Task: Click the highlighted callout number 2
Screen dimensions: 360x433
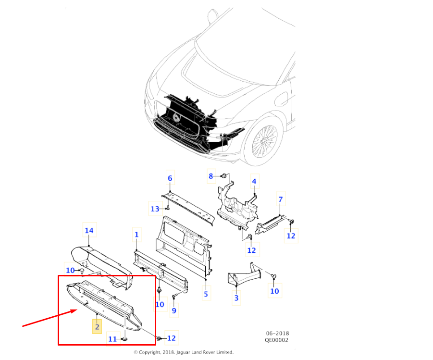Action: pyautogui.click(x=97, y=327)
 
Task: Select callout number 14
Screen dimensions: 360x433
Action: pyautogui.click(x=89, y=231)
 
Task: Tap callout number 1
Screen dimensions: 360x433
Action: pyautogui.click(x=136, y=235)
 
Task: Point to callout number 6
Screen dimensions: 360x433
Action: pyautogui.click(x=170, y=179)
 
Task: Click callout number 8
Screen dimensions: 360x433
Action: pyautogui.click(x=210, y=176)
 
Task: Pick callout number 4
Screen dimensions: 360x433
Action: pyautogui.click(x=254, y=182)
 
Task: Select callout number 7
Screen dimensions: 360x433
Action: pyautogui.click(x=281, y=199)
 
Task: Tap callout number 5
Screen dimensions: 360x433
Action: pyautogui.click(x=206, y=294)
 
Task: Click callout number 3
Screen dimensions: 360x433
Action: pyautogui.click(x=236, y=298)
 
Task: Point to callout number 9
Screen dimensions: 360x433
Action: pyautogui.click(x=174, y=310)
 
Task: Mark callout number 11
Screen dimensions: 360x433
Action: pyautogui.click(x=112, y=339)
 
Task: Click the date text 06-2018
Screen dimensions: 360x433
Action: pyautogui.click(x=278, y=334)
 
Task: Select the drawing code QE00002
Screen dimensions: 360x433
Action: pyautogui.click(x=278, y=340)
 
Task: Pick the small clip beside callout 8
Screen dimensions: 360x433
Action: pyautogui.click(x=224, y=177)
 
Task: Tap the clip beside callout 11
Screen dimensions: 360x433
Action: pyautogui.click(x=124, y=339)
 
